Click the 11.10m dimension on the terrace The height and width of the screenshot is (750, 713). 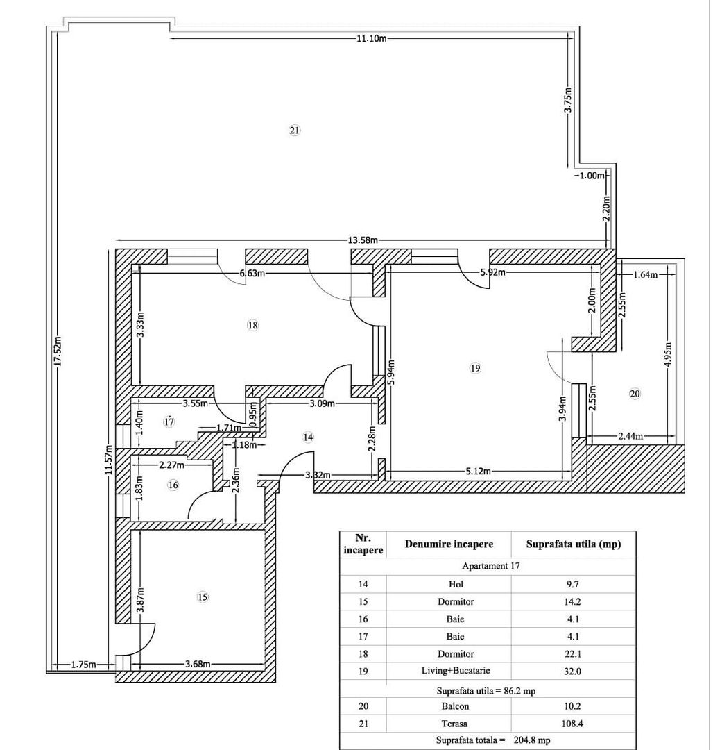point(371,38)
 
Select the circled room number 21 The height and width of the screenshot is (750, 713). point(294,130)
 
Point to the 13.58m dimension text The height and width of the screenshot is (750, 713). point(362,240)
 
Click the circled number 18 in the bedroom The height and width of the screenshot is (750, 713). point(252,325)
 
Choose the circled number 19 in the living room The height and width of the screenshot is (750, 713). point(474,369)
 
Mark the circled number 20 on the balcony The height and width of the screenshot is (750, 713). point(635,394)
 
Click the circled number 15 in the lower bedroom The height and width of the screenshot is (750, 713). point(203,597)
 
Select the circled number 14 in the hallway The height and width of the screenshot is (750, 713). point(308,437)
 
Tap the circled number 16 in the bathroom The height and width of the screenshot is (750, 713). point(173,485)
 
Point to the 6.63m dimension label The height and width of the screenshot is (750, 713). point(252,274)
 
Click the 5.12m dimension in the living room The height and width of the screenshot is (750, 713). point(478,471)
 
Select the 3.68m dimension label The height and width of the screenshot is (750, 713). point(198,665)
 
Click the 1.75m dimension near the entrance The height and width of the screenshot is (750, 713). point(83,665)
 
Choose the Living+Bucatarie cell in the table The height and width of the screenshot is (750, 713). point(456,672)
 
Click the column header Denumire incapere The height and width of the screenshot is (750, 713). point(449,544)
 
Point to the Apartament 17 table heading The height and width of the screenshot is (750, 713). point(491,566)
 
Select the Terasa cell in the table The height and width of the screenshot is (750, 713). point(456,724)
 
